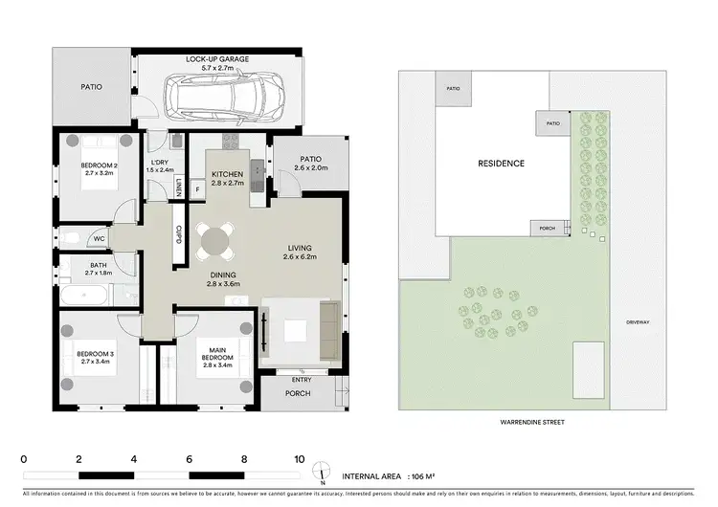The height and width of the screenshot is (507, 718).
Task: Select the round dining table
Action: [x=216, y=242]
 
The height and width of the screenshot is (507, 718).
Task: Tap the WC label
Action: [x=99, y=238]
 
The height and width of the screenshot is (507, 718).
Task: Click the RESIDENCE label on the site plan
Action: [x=501, y=164]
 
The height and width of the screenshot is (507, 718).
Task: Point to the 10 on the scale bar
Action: [x=300, y=459]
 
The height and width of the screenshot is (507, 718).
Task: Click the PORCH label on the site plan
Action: [x=547, y=229]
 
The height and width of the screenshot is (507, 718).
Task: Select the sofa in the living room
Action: [x=328, y=329]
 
